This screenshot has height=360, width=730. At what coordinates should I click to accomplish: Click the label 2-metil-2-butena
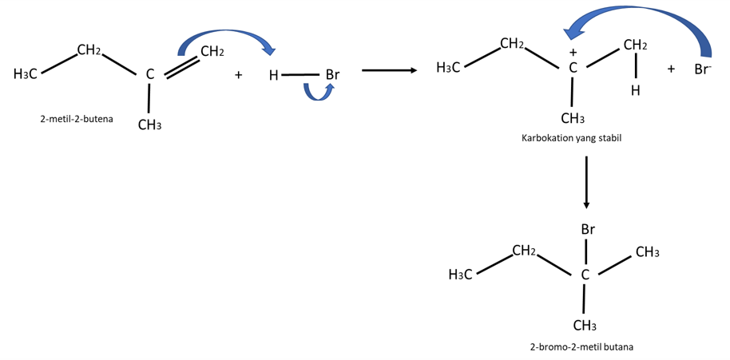77,119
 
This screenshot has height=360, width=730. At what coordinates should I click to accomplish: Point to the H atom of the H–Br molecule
273,75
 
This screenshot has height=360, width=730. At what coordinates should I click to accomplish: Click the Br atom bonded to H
332,75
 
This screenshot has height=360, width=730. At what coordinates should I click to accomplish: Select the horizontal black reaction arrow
389,70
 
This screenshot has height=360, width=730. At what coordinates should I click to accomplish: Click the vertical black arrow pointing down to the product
586,182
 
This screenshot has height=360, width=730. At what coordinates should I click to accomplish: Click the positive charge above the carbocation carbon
573,53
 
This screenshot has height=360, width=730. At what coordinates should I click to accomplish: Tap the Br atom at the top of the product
588,229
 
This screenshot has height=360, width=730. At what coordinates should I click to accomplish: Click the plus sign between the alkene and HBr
238,75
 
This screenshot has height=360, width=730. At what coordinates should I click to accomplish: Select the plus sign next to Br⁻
671,69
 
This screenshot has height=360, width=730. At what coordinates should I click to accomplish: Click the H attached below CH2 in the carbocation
636,91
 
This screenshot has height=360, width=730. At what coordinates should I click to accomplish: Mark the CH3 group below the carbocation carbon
573,119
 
